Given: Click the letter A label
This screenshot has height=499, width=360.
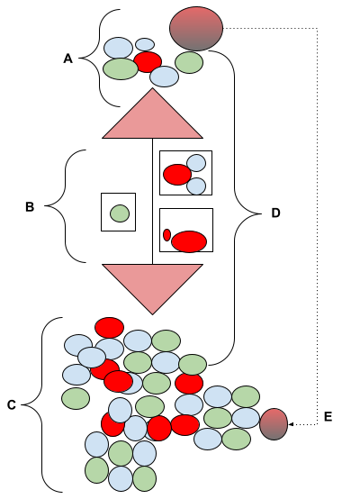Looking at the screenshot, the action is [x=67, y=59].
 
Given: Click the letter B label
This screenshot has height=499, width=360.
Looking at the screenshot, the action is [x=30, y=207].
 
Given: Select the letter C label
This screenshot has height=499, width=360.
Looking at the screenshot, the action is [x=12, y=404].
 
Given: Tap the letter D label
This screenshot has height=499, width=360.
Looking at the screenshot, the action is [x=275, y=213].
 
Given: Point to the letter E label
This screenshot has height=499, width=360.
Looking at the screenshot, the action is [x=328, y=416].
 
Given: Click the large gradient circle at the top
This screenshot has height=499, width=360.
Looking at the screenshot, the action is [x=196, y=29].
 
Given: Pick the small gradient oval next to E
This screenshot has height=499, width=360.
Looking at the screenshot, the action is [x=274, y=424].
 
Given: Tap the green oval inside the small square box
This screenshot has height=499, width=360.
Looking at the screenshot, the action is [x=120, y=213].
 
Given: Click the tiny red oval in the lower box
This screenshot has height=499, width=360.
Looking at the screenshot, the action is [x=167, y=235].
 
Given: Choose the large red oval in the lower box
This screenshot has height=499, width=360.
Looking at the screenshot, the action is [x=189, y=241].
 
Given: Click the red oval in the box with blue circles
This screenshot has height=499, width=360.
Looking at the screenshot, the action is [x=177, y=175].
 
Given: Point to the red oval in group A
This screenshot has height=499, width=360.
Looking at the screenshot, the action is [x=148, y=62].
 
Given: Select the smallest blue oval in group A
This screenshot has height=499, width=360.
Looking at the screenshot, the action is [x=145, y=44].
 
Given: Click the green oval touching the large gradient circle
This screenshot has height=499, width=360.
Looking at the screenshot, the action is [x=189, y=63].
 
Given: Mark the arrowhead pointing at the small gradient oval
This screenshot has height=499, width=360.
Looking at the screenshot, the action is [x=291, y=424].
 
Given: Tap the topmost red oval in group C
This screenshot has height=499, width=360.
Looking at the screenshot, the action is [x=110, y=328].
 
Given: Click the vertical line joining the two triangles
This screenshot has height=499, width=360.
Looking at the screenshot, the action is [x=152, y=201].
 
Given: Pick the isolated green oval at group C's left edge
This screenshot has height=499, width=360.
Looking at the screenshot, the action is [x=76, y=398].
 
